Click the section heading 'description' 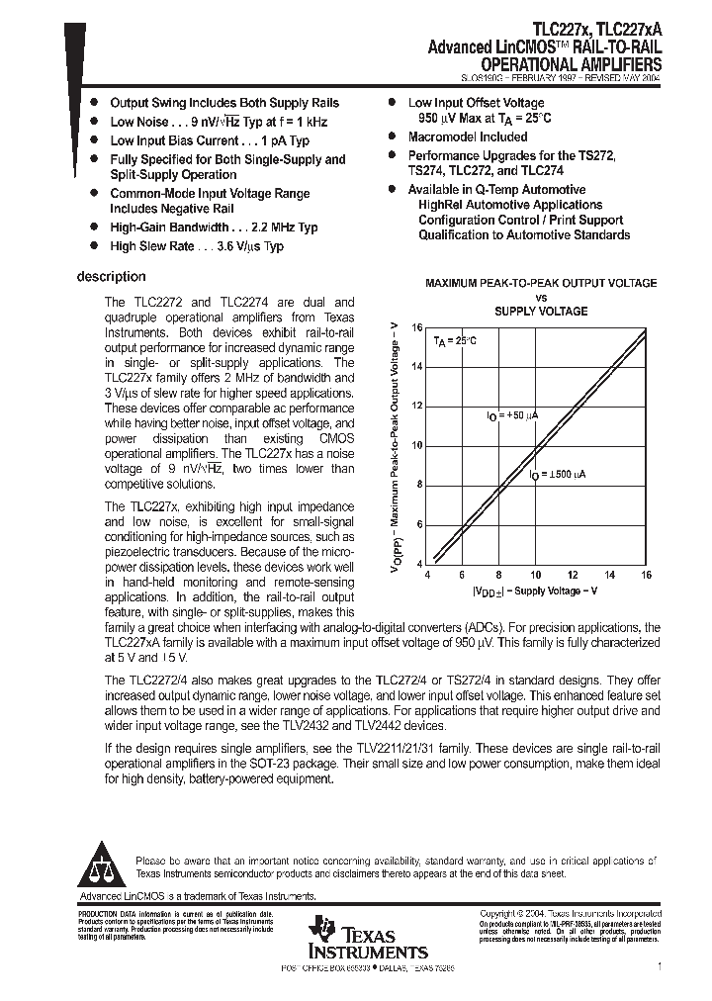tap(111, 277)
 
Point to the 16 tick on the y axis tap(416, 326)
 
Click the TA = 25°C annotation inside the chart tap(455, 341)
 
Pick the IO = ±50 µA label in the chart tap(512, 417)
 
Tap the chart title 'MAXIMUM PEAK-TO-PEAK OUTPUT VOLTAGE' tap(541, 283)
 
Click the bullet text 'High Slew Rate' tap(152, 246)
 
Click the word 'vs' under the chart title tap(541, 297)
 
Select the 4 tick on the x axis tap(426, 574)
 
